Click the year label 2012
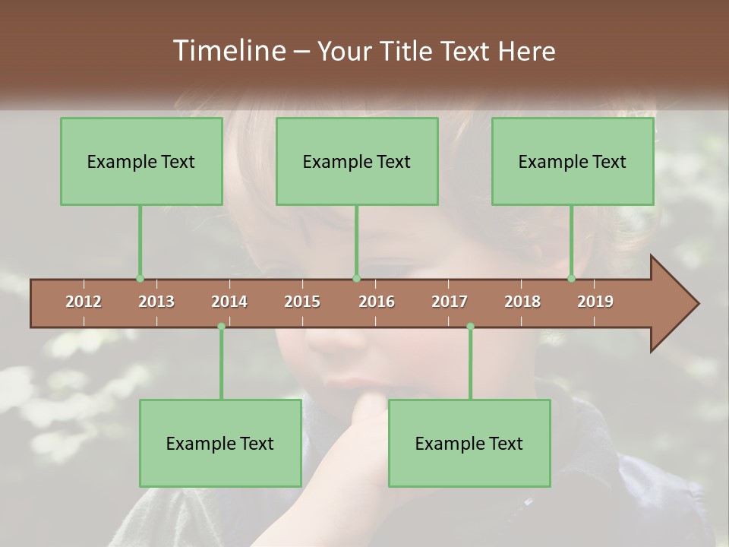pos(84,302)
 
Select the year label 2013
pos(156,302)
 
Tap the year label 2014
pos(229,302)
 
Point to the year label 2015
pos(302,302)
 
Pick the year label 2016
pos(377,302)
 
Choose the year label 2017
pos(450,302)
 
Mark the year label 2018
pos(522,302)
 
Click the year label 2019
pos(595,302)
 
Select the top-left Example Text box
pos(141,162)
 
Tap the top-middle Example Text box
pos(357,162)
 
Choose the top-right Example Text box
pos(573,162)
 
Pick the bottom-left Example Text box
pos(220,444)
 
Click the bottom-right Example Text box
pos(469,444)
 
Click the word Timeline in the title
pos(228,51)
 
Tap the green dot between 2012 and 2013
pos(140,279)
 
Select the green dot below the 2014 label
pos(221,327)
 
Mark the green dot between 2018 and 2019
pos(572,279)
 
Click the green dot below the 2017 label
pos(470,327)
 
